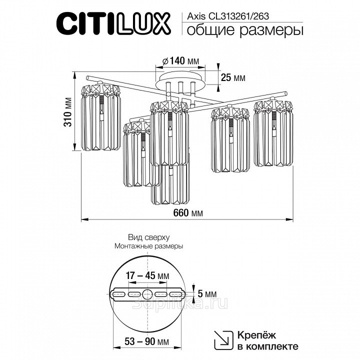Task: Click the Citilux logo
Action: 113,24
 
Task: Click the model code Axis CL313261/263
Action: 228,16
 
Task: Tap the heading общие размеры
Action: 245,30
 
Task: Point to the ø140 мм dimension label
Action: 180,61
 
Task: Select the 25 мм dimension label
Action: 233,77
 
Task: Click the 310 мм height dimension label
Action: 68,112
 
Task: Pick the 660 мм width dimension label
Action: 188,213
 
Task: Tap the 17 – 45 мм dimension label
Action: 147,275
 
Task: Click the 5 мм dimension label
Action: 207,293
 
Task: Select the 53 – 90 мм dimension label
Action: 147,341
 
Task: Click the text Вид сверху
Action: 149,237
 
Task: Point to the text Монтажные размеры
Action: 149,246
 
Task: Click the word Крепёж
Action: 256,335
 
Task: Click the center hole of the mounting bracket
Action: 147,294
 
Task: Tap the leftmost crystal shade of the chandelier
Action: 100,117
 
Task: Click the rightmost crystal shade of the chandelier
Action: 273,132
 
